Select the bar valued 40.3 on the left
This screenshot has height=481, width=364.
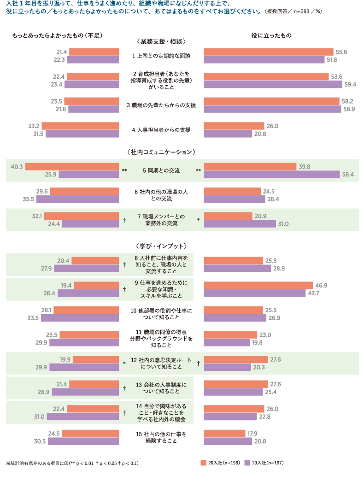pyautogui.click(x=72, y=166)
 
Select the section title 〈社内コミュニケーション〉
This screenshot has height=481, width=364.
pyautogui.click(x=161, y=152)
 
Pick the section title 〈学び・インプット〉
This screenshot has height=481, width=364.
pyautogui.click(x=161, y=246)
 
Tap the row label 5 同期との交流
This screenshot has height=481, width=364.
pyautogui.click(x=161, y=170)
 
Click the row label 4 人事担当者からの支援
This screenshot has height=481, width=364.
pyautogui.click(x=161, y=129)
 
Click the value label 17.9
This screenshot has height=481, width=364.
pyautogui.click(x=252, y=433)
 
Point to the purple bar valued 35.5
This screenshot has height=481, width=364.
pyautogui.click(x=77, y=199)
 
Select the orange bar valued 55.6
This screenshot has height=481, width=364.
pyautogui.click(x=268, y=52)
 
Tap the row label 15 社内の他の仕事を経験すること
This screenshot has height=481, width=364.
pyautogui.click(x=161, y=437)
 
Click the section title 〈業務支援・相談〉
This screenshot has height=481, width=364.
pyautogui.click(x=161, y=41)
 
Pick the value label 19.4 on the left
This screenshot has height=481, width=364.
pyautogui.click(x=66, y=285)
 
